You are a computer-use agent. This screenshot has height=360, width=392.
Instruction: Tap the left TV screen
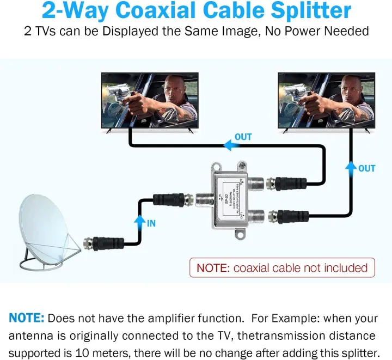(x=150, y=100)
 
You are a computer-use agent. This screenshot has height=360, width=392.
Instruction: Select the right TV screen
(x=326, y=100)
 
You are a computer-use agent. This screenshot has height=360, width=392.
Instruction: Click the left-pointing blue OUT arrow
(x=227, y=145)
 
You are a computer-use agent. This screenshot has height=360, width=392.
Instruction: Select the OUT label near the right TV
(x=367, y=168)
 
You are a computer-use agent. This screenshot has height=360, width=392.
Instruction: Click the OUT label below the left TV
(x=243, y=137)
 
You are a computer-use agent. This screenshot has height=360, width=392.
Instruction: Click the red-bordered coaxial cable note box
(x=282, y=267)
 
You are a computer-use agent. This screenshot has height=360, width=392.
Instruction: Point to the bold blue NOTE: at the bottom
(x=26, y=318)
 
